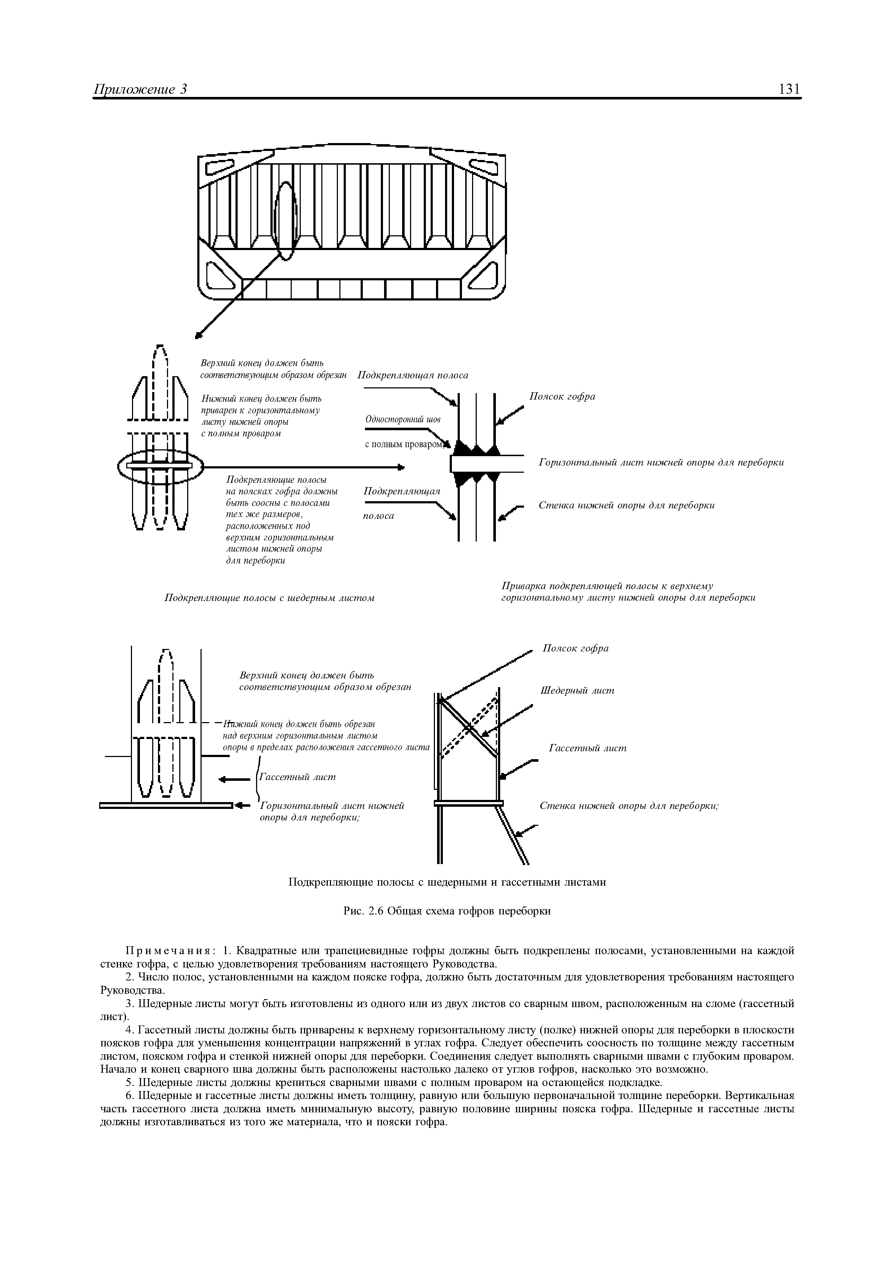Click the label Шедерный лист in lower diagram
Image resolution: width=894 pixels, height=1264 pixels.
pyautogui.click(x=577, y=690)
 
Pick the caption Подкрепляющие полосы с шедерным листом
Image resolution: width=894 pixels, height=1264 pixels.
pyautogui.click(x=270, y=598)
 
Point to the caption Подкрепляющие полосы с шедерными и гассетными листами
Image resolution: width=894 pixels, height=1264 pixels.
pyautogui.click(x=447, y=882)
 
